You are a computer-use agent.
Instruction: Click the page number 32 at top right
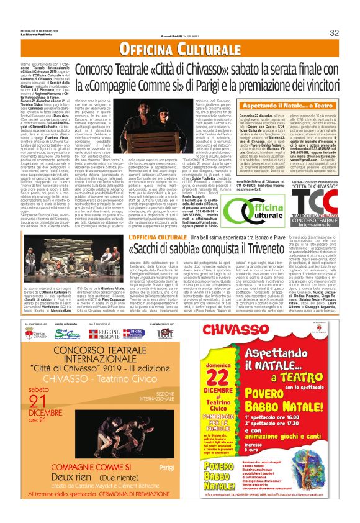(333, 33)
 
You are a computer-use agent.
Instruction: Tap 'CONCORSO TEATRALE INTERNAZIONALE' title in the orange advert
(89, 360)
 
